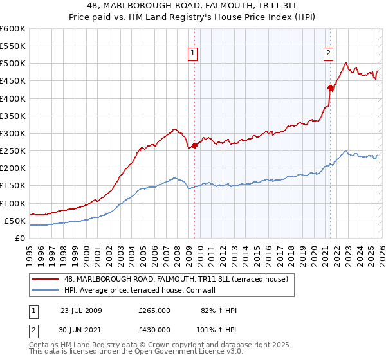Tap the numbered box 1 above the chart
pos(193,53)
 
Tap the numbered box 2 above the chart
pos(328,53)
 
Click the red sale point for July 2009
pos(194,146)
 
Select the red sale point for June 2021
pos(330,88)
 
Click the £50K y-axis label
pos(15,221)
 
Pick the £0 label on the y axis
pos(21,238)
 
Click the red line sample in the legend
pos(45,279)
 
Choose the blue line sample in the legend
pos(45,290)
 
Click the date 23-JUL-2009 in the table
pos(81,310)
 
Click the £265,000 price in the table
pos(154,310)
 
